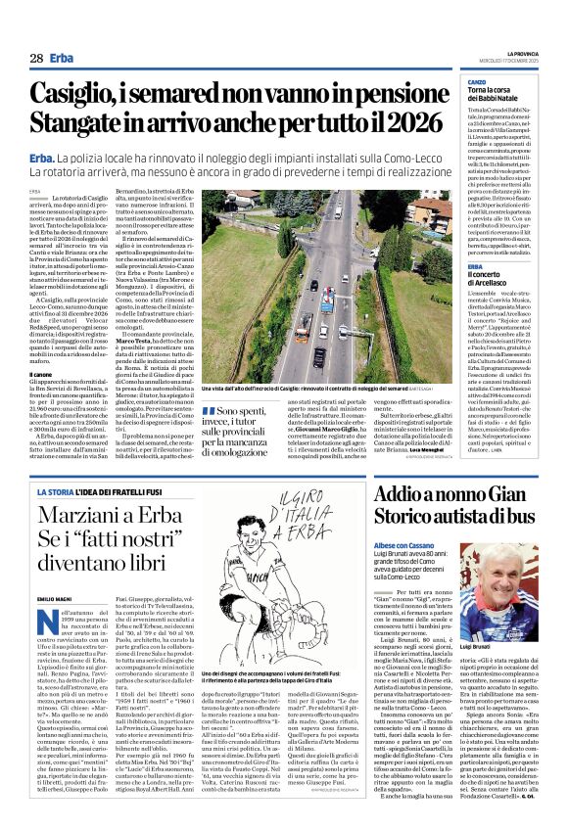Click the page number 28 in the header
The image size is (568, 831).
[35, 59]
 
